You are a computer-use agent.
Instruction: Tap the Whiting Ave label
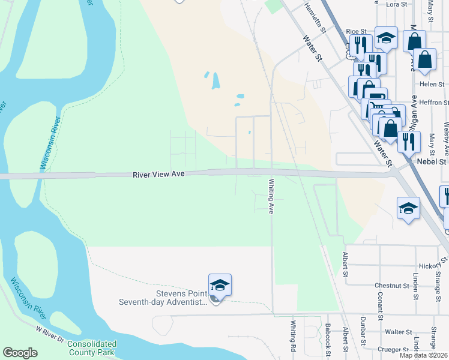pos(271,196)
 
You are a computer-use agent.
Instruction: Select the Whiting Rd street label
pos(294,336)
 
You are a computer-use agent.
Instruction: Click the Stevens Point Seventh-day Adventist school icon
pos(220,286)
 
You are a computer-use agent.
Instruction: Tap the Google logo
pos(20,353)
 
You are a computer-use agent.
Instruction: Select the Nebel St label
pos(433,161)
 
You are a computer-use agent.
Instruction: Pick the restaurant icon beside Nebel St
pos(408,142)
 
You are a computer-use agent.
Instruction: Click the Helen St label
pos(432,84)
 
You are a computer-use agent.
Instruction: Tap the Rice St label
pos(356,31)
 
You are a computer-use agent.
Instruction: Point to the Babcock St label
pos(328,336)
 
